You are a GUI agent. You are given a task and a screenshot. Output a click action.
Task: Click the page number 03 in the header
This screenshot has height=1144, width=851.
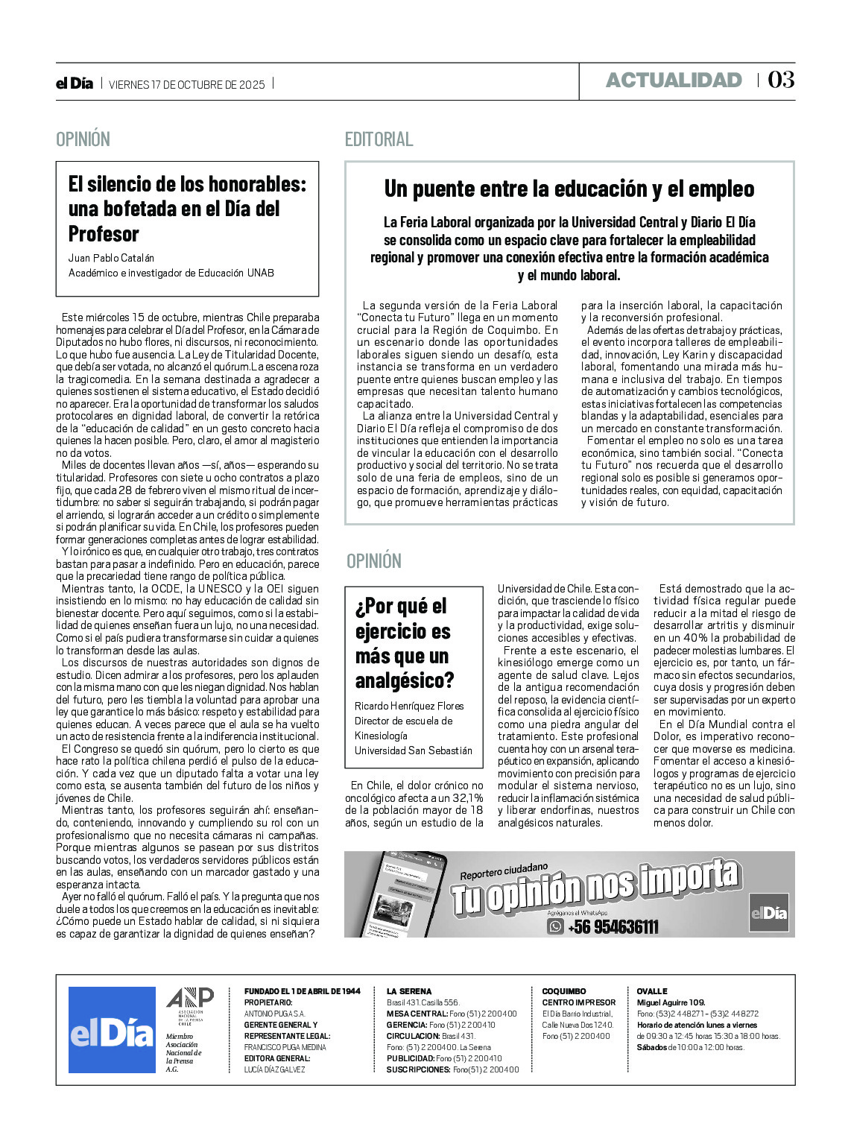(x=781, y=80)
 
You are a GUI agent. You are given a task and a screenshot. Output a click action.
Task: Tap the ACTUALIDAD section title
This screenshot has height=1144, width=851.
(x=674, y=80)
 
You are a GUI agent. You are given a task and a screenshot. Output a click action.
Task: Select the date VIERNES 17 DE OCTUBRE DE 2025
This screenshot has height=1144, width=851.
(x=187, y=84)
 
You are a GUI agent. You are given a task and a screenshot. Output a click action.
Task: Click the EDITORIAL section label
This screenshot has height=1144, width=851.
(x=379, y=139)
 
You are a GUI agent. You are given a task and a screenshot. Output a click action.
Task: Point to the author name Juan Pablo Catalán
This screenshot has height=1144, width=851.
(x=111, y=258)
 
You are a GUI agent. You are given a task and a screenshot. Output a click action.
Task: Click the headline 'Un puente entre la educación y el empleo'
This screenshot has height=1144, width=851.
(x=569, y=189)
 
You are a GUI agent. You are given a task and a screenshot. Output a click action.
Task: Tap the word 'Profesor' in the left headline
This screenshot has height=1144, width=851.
(x=104, y=234)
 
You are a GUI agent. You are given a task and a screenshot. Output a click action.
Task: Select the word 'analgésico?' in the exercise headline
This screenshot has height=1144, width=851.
(x=405, y=680)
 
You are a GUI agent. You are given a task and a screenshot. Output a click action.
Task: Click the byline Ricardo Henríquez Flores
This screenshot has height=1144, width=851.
(x=409, y=706)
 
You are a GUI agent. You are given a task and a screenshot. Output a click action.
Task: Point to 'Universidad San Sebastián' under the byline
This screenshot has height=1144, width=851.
(x=414, y=750)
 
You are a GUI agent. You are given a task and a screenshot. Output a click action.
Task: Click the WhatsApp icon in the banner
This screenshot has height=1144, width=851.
(x=556, y=926)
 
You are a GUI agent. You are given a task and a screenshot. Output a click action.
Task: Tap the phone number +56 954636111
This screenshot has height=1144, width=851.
(x=613, y=927)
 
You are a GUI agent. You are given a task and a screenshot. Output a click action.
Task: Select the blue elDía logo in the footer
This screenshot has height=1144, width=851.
(x=112, y=1029)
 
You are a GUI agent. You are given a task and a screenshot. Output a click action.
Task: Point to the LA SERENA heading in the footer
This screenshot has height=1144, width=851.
(x=408, y=991)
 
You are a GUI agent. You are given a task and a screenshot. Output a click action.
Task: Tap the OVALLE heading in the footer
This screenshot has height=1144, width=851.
(x=652, y=991)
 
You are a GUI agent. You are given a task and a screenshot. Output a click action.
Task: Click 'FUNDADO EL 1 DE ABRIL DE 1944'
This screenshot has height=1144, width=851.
(x=302, y=991)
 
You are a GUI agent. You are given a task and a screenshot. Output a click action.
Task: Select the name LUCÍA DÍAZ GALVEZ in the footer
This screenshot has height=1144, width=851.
(x=274, y=1069)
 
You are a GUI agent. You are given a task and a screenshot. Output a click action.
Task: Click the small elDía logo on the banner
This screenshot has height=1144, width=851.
(x=768, y=913)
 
